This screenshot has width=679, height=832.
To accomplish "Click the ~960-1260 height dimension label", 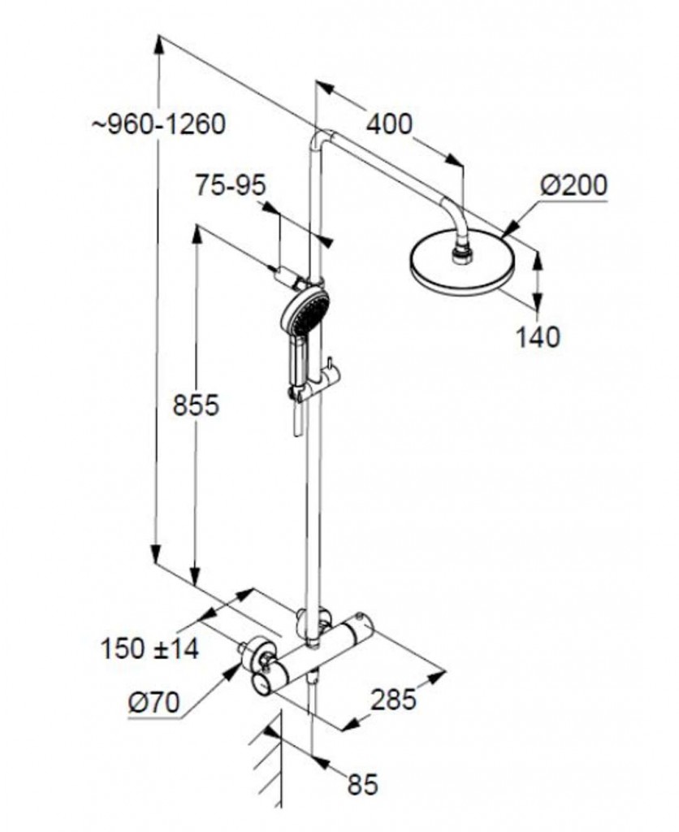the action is click(158, 124).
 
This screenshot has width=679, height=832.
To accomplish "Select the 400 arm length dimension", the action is click(389, 124).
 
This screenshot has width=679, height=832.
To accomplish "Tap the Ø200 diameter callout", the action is click(573, 186).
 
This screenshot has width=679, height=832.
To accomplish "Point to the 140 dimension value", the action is click(538, 337).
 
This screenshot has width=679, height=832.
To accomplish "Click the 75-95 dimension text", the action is click(231, 186).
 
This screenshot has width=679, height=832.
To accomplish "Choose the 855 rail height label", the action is click(196, 406).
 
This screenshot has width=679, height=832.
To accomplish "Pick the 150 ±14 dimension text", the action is click(150, 648).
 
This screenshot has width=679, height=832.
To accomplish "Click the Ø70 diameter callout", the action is click(154, 703).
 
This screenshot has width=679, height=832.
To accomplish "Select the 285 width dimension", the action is click(393, 700).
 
